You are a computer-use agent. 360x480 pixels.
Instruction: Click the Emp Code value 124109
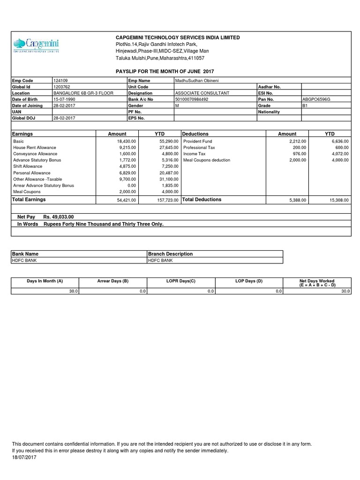click(x=61, y=81)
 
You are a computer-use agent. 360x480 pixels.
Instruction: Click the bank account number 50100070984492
click(x=191, y=99)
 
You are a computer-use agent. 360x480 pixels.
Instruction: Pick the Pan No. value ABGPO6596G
click(x=317, y=99)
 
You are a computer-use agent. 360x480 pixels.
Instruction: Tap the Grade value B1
click(x=305, y=106)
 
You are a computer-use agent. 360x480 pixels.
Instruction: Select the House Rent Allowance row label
click(x=35, y=148)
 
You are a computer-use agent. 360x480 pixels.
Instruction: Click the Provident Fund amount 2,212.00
click(x=297, y=141)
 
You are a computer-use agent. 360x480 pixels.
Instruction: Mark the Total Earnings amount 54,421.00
click(x=127, y=200)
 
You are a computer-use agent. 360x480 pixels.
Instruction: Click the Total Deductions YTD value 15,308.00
click(x=339, y=200)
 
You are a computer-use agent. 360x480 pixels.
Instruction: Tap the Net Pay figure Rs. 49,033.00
click(x=59, y=217)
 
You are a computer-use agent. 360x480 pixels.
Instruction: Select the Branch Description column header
click(x=170, y=254)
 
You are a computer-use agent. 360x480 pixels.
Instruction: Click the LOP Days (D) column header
click(x=249, y=281)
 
